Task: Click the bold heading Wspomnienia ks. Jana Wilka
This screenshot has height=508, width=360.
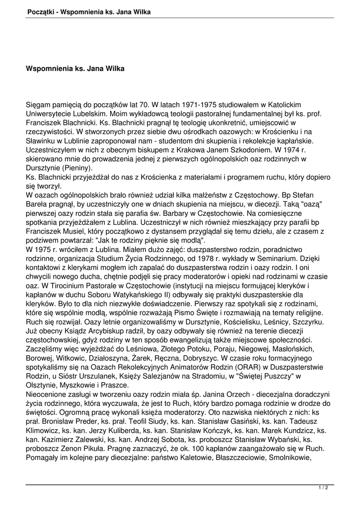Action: pyautogui.click(x=75, y=68)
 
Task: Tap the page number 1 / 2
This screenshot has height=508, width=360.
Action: pyautogui.click(x=323, y=489)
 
